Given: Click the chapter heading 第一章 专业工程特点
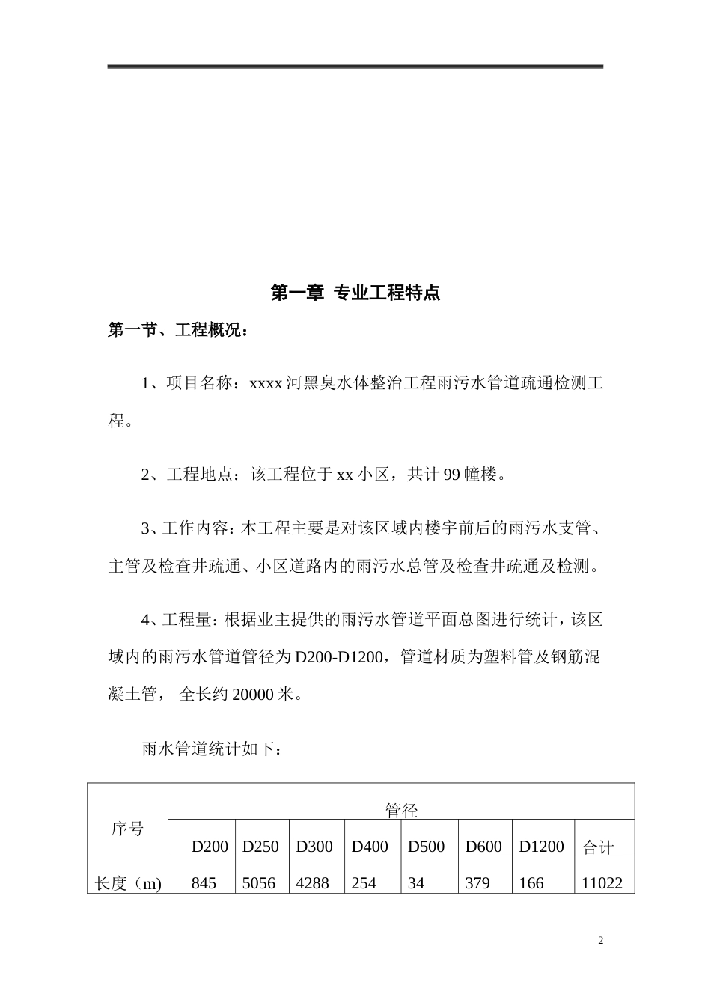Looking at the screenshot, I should click(x=355, y=293).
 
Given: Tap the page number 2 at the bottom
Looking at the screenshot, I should click(x=600, y=940).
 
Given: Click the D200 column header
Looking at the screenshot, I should click(x=210, y=847).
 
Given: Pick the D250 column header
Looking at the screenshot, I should click(x=260, y=847).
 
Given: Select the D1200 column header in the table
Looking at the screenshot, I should click(x=541, y=847).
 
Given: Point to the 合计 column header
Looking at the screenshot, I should click(x=597, y=847).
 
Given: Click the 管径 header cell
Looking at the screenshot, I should click(x=401, y=810).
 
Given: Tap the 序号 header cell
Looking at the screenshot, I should click(x=127, y=829).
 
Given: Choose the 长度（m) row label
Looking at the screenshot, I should click(x=128, y=883).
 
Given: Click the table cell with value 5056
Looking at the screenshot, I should click(x=259, y=883).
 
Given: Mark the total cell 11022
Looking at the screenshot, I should click(x=602, y=883).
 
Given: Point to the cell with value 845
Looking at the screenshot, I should click(x=204, y=883).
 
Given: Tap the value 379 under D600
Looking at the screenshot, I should click(x=477, y=883).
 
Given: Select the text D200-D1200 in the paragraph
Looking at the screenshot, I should click(x=341, y=657).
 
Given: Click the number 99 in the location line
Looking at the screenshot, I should click(x=452, y=475).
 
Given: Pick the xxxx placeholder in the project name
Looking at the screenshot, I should click(x=265, y=384).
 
